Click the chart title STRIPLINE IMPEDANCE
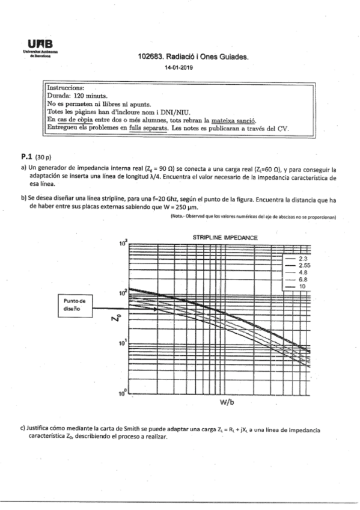pos(225,238)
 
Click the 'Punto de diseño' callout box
pos(76,306)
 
